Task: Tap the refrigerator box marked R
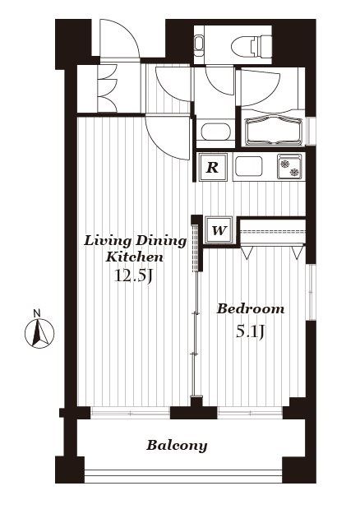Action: [x=213, y=167]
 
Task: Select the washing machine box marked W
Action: [x=219, y=230]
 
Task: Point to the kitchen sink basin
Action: [x=249, y=166]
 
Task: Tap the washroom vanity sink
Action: [x=216, y=132]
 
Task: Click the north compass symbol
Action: [x=39, y=333]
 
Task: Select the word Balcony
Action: [x=177, y=446]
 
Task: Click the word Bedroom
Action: [x=251, y=308]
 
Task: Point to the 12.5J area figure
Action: [x=133, y=276]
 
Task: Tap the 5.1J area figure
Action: [x=251, y=332]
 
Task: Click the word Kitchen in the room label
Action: [x=134, y=257]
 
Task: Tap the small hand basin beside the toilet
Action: [x=200, y=45]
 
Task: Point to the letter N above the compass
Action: [x=37, y=313]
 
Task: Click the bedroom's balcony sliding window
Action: [x=250, y=413]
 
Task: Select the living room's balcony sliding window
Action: [x=131, y=414]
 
